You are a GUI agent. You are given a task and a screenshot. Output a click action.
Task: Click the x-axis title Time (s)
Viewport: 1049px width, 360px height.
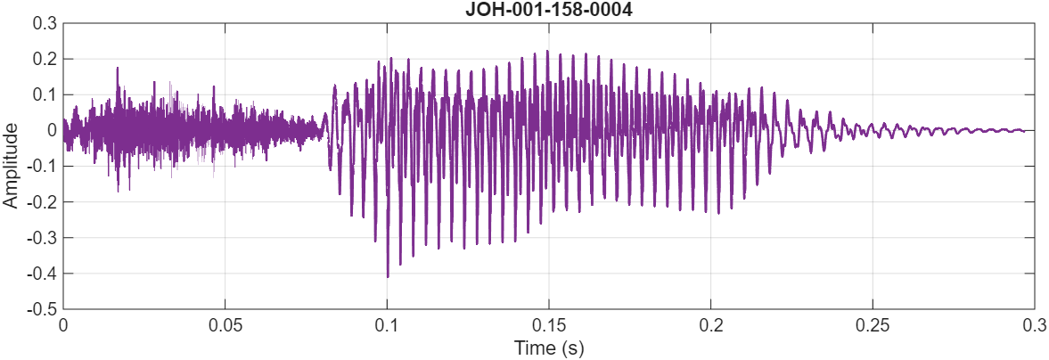point(548,348)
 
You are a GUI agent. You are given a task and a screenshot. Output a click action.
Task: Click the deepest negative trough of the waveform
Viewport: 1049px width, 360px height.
point(388,276)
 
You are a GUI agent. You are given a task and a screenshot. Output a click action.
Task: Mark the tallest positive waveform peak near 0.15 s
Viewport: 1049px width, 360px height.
point(548,52)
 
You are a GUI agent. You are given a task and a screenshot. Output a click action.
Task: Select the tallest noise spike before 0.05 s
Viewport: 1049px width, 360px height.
point(117,68)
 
